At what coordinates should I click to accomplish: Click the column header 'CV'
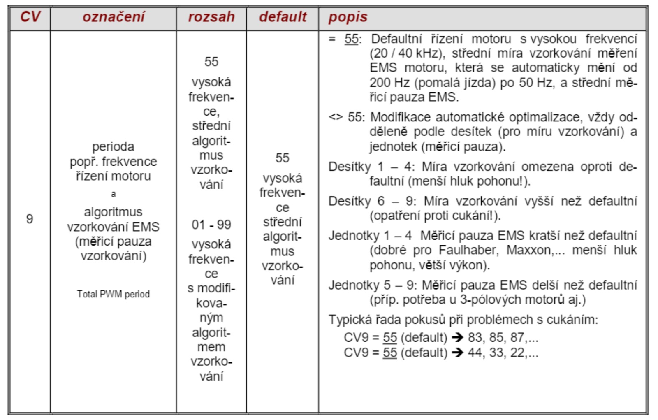point(30,17)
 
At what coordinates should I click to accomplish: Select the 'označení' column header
point(114,17)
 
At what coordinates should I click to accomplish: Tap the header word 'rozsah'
point(211,17)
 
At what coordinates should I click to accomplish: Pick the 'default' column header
point(283,17)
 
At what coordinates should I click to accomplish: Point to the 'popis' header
point(348,17)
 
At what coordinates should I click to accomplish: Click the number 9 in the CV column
point(30,219)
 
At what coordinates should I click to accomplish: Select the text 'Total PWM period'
point(113,294)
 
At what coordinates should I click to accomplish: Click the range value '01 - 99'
point(211,225)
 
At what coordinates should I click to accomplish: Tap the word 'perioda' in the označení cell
point(113,147)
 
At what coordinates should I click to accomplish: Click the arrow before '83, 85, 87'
point(457,338)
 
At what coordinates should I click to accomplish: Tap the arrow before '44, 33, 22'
point(457,353)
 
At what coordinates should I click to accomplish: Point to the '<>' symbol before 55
point(336,117)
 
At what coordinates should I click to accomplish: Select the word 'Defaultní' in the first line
point(396,39)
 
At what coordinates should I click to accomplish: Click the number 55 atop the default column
point(283,158)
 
